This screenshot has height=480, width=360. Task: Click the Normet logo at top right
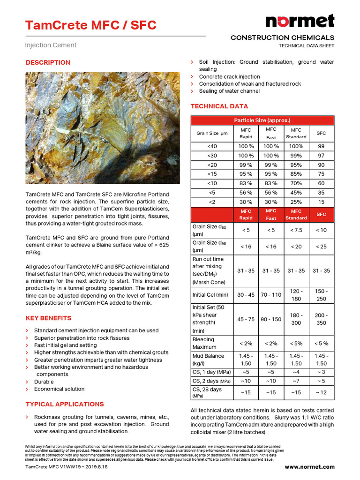300,22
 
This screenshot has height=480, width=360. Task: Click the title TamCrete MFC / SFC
90,25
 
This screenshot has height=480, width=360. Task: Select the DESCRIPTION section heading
48,62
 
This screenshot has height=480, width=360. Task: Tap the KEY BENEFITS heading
48,318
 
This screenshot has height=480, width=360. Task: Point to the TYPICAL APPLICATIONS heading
65,404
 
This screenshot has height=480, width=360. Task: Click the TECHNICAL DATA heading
219,106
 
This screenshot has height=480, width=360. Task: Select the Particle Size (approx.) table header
262,120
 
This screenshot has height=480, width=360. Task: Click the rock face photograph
102,127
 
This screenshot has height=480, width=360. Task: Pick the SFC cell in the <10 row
321,183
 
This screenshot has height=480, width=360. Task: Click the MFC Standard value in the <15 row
296,173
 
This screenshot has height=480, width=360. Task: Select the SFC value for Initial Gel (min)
321,295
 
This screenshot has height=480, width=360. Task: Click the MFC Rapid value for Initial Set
246,319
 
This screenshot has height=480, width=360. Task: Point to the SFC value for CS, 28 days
321,392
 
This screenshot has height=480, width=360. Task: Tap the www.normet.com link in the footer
309,467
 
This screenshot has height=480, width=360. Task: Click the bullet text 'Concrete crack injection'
229,76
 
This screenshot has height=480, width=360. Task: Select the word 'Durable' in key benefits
44,382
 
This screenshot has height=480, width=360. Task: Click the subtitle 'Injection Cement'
51,45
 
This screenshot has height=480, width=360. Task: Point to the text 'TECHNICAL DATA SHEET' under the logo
306,46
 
